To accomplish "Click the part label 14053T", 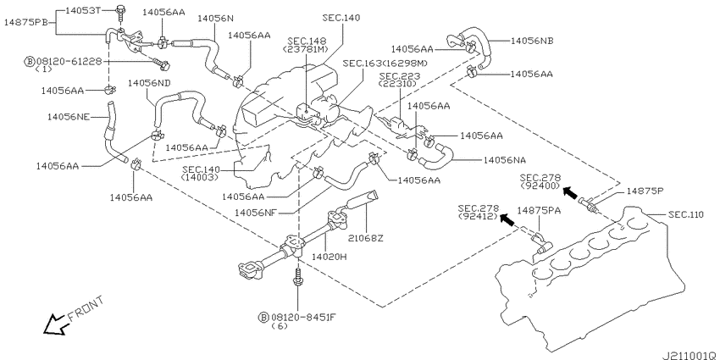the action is coord(83,9).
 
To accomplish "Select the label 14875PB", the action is coord(26,22).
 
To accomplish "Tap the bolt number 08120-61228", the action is coord(69,61).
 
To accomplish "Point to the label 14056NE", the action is coord(68,117).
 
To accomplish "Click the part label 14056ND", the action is coord(149,83).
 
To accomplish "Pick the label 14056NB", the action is coord(532,41).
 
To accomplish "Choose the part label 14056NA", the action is coord(505,160).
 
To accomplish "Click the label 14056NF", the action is coord(255,212).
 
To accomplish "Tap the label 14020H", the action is coord(330,257).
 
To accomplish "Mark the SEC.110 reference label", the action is coord(685,214).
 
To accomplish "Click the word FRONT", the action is coord(86,308).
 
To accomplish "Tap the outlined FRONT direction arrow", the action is coord(55,324).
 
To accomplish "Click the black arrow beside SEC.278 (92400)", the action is coord(570,192).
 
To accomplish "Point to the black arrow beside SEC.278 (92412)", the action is coord(507,220).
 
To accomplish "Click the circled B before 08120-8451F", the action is coord(263,317).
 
